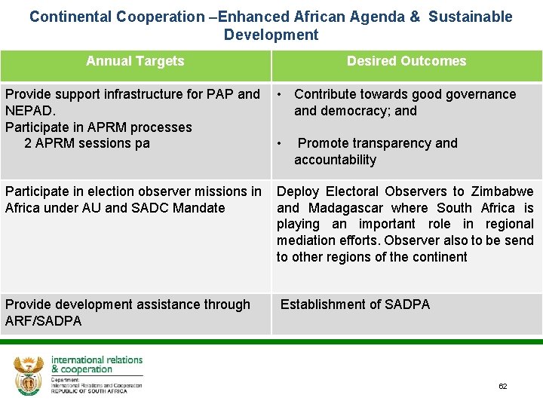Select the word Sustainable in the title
(x=470, y=17)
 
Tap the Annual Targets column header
(x=135, y=61)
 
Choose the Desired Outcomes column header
(x=406, y=61)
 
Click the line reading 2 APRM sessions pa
(x=87, y=143)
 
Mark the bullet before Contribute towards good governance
(x=280, y=94)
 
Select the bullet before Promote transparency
(x=280, y=143)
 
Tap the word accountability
(x=335, y=160)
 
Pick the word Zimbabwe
(x=502, y=191)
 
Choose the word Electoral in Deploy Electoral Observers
(x=353, y=191)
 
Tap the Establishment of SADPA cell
(x=355, y=304)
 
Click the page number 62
(x=502, y=387)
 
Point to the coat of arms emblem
(x=29, y=375)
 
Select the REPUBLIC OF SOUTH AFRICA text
(x=89, y=391)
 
